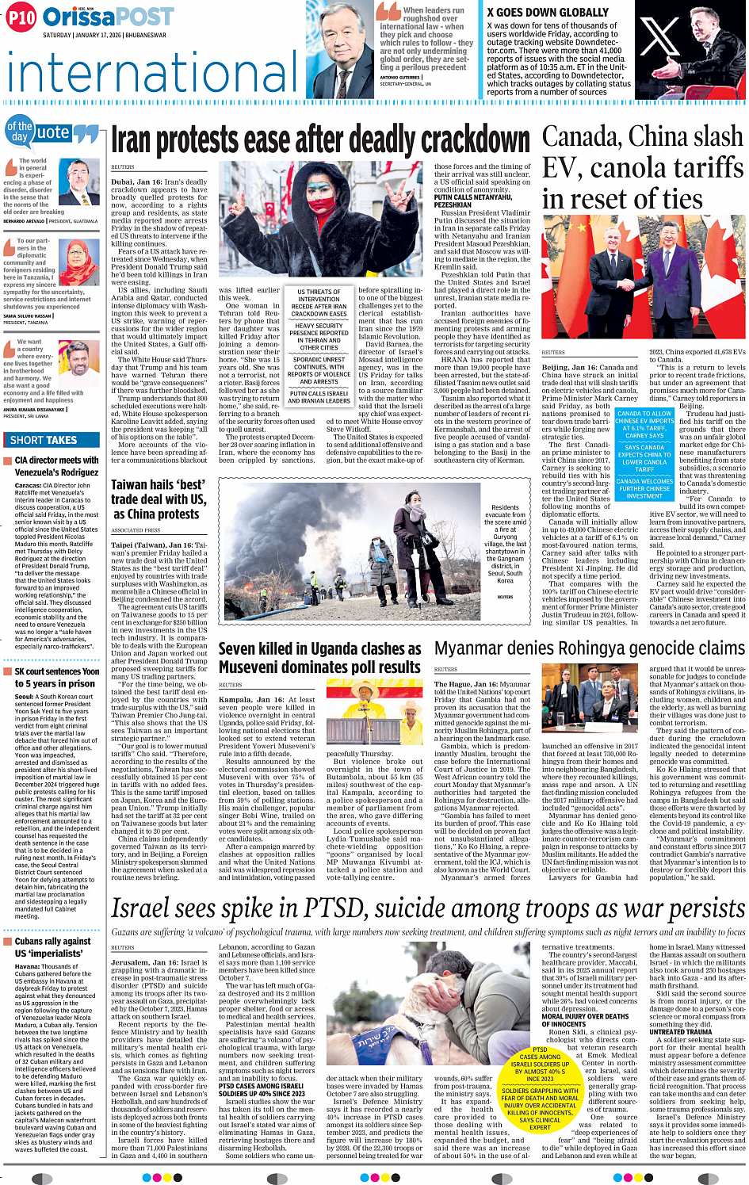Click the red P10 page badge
21,17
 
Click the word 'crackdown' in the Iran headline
475,141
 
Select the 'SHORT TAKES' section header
44,440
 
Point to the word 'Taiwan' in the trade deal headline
130,484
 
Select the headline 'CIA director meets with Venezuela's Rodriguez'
56,465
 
